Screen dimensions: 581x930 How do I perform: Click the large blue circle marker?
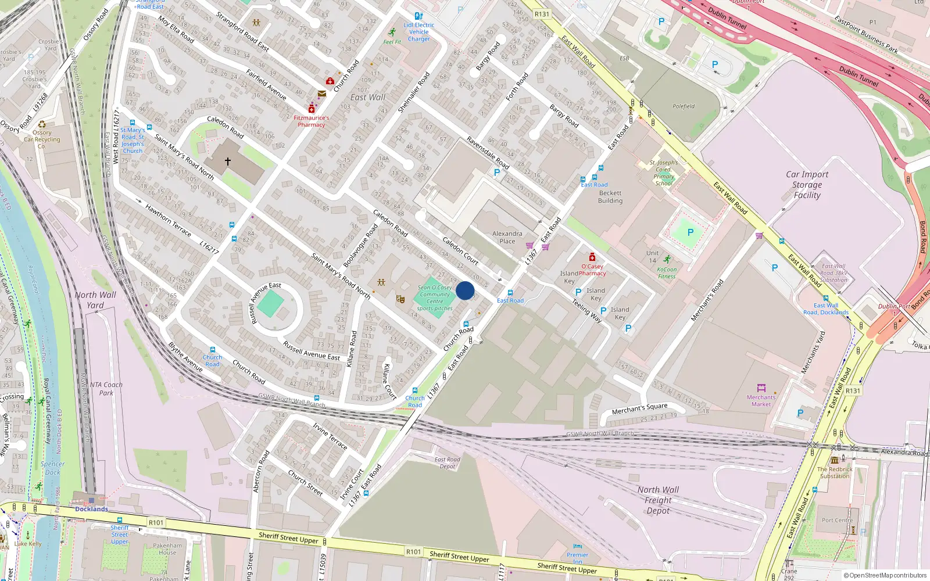pos(465,290)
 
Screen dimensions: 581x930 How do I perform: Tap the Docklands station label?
pos(91,509)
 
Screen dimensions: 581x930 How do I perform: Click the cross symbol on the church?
pos(228,161)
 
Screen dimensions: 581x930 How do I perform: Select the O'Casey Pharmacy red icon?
pos(592,257)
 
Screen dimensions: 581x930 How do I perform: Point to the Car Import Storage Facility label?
pos(807,185)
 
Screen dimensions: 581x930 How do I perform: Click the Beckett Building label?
pos(610,197)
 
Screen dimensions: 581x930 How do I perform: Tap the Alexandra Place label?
pos(507,237)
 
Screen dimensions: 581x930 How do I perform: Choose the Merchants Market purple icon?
pos(761,388)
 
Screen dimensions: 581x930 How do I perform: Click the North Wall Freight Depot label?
pos(657,500)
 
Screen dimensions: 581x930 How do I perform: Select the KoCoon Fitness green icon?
pos(667,260)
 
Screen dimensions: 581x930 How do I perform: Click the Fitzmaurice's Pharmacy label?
pos(311,121)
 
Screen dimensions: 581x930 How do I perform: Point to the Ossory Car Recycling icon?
pos(42,124)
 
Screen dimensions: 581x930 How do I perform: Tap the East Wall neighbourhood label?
pos(367,98)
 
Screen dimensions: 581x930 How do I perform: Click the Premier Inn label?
pos(577,558)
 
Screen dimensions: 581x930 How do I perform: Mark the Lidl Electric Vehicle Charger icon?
pos(419,16)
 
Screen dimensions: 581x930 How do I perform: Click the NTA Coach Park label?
pos(106,389)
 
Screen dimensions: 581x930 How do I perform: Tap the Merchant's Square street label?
pos(639,409)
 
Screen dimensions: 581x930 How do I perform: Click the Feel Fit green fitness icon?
pos(392,32)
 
